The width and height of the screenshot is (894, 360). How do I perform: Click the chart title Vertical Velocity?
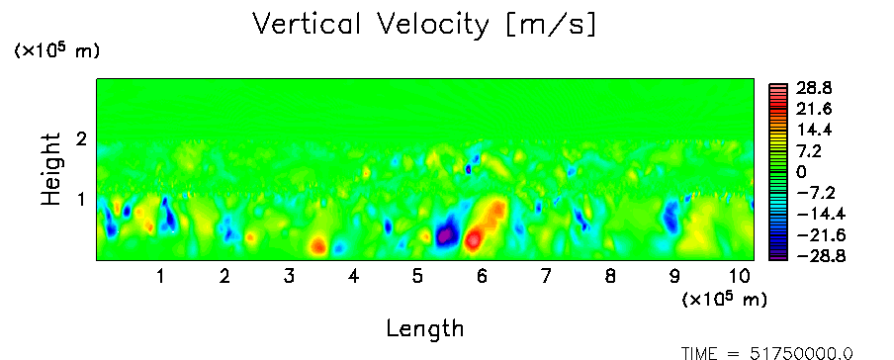coord(371,25)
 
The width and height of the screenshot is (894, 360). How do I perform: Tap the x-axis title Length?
coord(425,328)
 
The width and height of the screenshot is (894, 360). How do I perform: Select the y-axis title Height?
coord(50,169)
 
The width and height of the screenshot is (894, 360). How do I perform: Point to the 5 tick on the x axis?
coord(417,277)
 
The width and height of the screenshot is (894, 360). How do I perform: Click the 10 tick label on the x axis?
coord(741,277)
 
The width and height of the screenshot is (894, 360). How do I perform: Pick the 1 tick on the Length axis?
coord(161,277)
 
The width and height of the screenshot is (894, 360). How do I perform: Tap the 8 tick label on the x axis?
coord(610,277)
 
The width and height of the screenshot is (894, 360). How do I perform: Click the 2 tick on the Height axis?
coord(81,138)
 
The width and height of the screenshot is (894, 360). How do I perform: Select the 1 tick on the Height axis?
coord(81,200)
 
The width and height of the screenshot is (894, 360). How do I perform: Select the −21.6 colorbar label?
coord(816,235)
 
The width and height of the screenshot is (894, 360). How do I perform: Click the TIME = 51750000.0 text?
coord(767,353)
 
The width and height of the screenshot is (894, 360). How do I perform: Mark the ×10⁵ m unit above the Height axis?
coord(55,50)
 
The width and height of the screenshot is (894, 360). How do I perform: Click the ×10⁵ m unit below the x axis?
coord(724,299)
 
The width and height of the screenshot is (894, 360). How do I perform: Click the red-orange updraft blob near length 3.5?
coord(317,245)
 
